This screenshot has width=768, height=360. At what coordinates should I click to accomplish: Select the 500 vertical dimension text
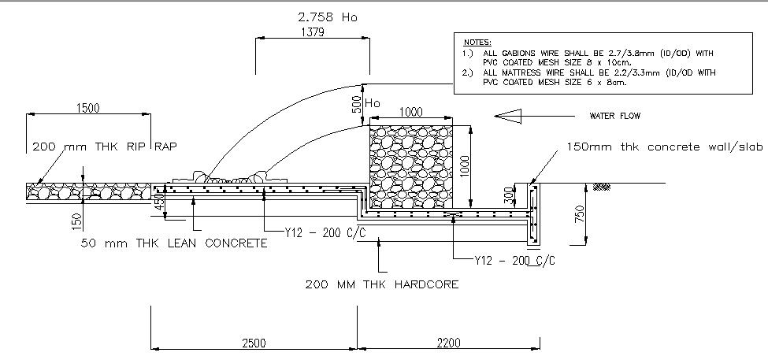pyautogui.click(x=356, y=103)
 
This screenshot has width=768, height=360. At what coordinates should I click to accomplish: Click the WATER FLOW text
pyautogui.click(x=615, y=116)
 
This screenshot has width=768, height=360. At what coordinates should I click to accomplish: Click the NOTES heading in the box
pyautogui.click(x=477, y=41)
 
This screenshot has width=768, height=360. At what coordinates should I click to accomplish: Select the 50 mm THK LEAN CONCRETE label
pyautogui.click(x=174, y=243)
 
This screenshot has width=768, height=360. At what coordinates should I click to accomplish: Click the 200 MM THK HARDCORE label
pyautogui.click(x=381, y=284)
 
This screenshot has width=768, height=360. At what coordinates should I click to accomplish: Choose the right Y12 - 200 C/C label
pyautogui.click(x=513, y=259)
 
